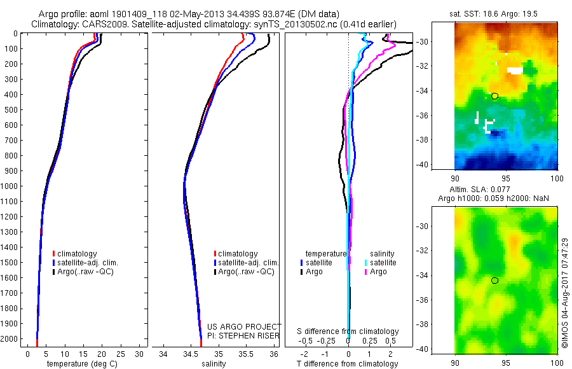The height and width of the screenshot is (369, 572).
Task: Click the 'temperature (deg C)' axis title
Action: (x=79, y=364)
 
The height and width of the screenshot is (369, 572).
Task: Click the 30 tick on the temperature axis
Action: (x=139, y=354)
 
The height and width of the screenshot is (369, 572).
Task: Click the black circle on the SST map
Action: (x=494, y=96)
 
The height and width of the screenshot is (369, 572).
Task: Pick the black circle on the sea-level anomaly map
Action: (x=494, y=281)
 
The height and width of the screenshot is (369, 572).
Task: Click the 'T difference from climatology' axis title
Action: (x=348, y=364)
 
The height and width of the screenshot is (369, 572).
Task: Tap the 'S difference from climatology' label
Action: (x=348, y=331)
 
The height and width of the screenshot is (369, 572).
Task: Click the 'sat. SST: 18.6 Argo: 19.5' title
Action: (x=496, y=13)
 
